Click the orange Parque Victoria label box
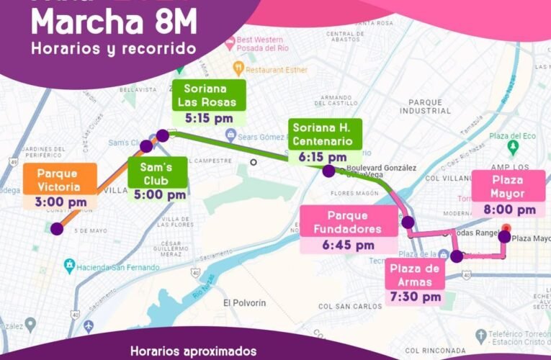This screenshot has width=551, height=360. [x=58, y=179]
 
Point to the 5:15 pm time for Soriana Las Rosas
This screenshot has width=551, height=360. [x=208, y=117]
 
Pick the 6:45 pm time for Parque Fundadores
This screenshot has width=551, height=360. [x=348, y=245]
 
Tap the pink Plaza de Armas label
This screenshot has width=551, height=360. [x=414, y=274]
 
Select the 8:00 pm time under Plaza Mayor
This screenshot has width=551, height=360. [x=509, y=210]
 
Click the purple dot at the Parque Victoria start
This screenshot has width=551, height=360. [x=57, y=229]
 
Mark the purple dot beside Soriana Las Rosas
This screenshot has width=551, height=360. [x=163, y=135]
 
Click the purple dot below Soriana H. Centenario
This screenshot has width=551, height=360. [x=328, y=171]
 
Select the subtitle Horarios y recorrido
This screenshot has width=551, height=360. [x=113, y=49]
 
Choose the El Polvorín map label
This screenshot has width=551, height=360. [x=244, y=302]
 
